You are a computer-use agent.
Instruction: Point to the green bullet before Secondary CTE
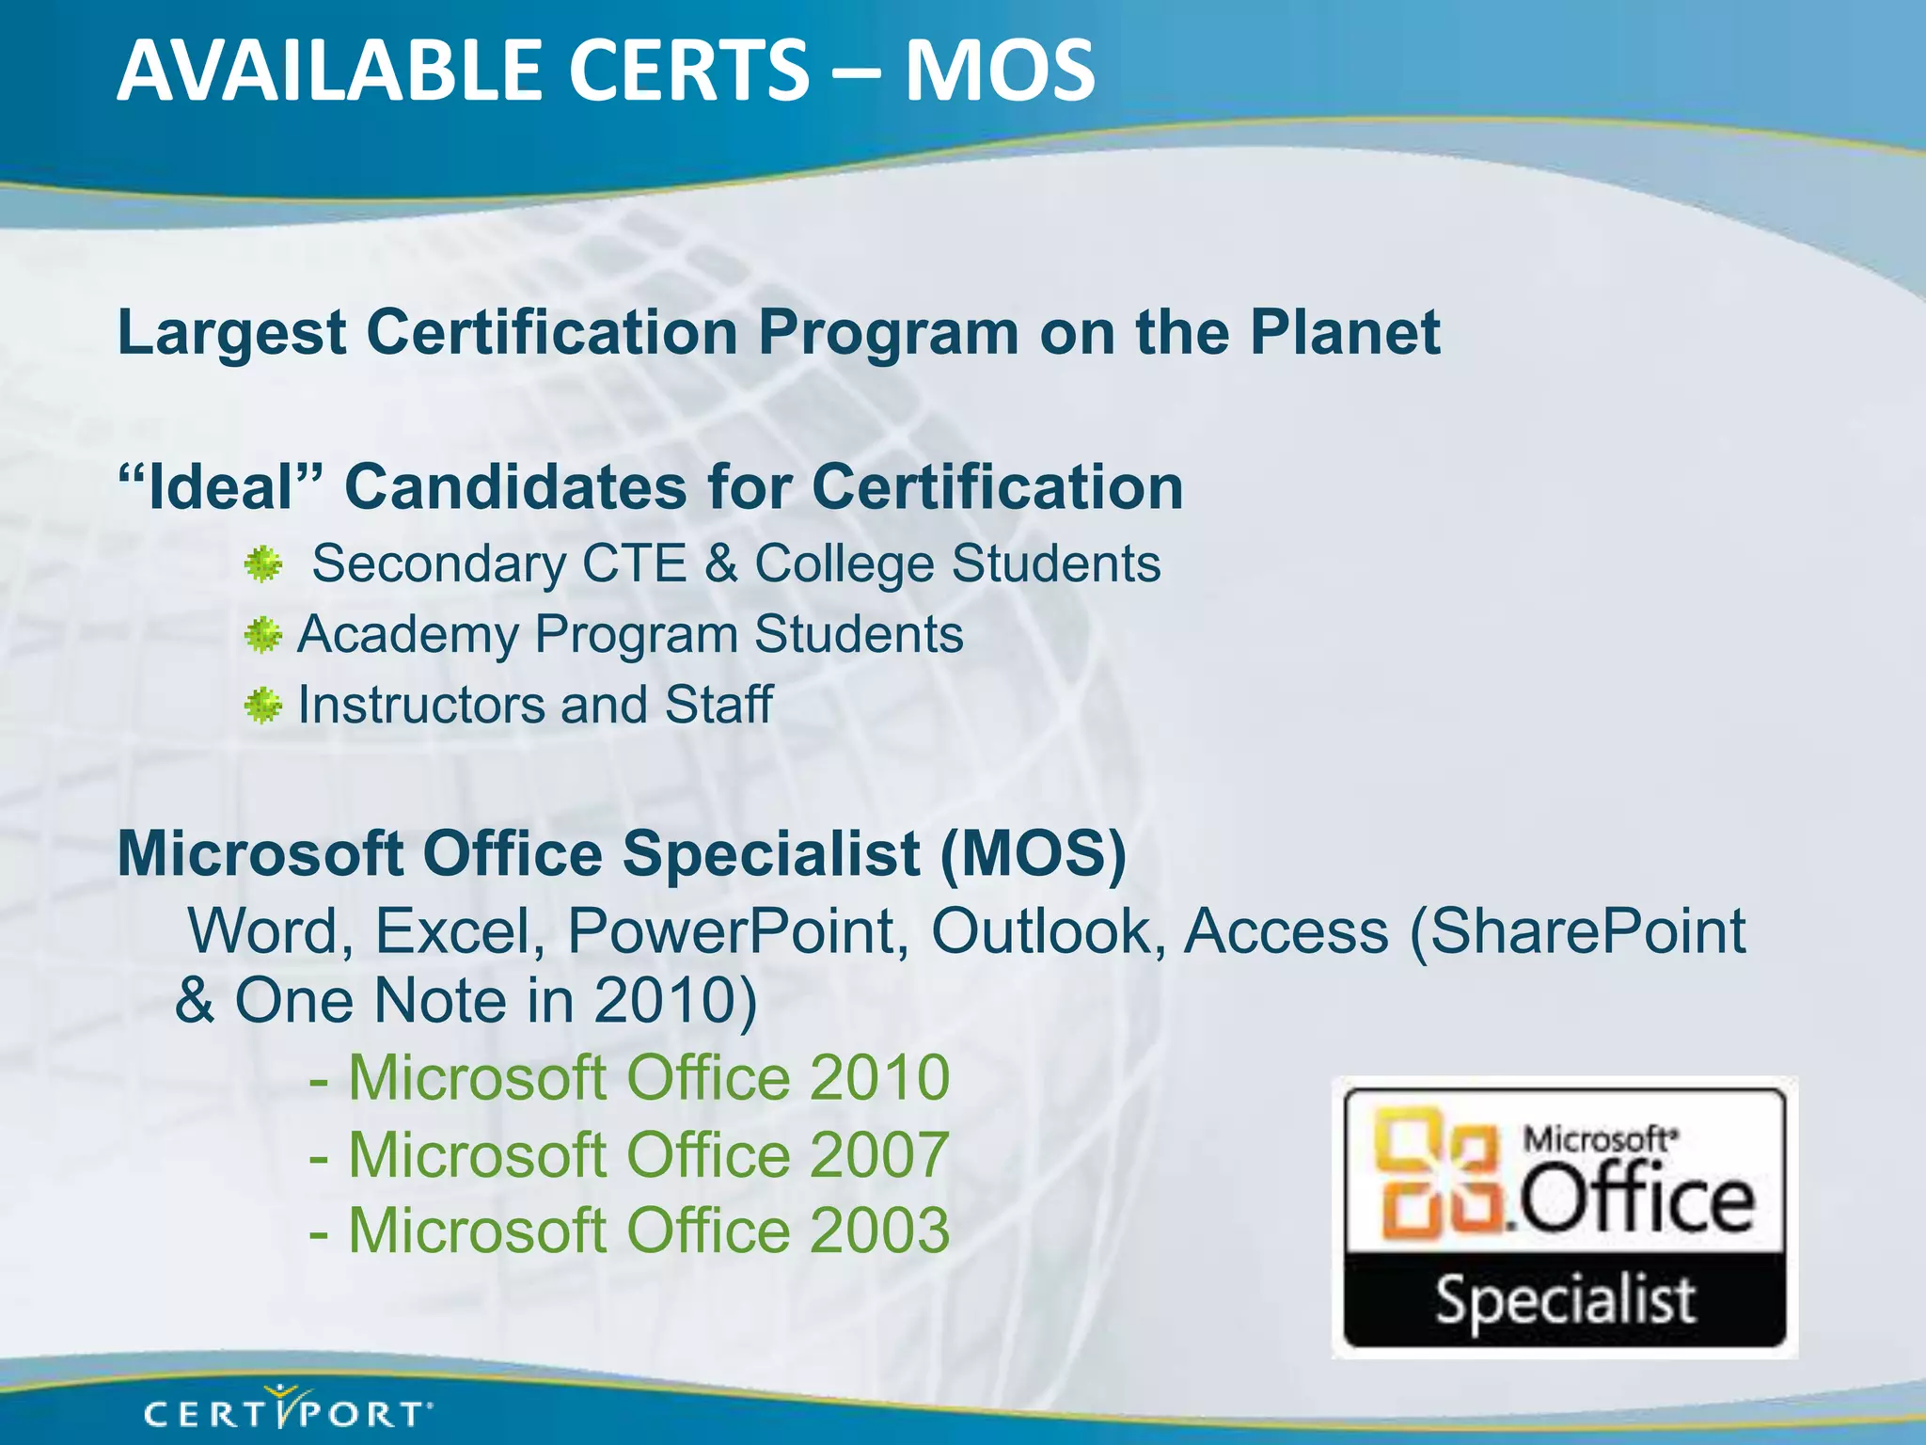(263, 564)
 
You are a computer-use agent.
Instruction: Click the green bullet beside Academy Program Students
(263, 636)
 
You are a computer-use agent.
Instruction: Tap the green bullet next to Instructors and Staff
(263, 706)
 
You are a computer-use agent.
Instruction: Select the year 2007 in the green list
(879, 1154)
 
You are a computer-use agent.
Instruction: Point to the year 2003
(879, 1231)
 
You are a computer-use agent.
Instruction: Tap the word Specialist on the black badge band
(1565, 1301)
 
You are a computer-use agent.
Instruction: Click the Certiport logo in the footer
(288, 1412)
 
